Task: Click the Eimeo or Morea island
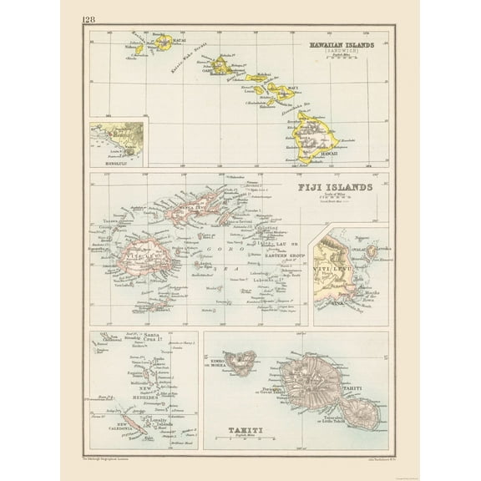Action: coord(243,361)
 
